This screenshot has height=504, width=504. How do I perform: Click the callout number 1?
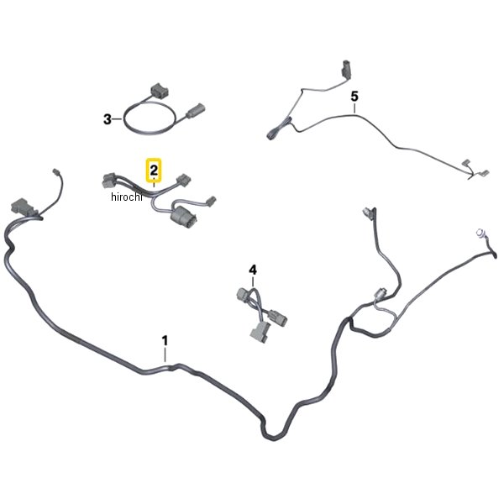(165, 341)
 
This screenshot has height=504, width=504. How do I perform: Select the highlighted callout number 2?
(154, 170)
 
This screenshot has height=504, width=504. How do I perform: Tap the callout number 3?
(108, 119)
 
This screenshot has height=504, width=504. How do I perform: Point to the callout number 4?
(253, 270)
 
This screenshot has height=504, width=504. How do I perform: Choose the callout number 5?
(354, 96)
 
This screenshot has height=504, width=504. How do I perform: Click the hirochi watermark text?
(126, 197)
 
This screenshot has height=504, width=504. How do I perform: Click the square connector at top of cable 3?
(160, 92)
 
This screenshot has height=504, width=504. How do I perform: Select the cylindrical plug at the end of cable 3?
(196, 110)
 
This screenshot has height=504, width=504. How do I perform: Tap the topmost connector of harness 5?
(346, 69)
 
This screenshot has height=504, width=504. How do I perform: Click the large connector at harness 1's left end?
(24, 207)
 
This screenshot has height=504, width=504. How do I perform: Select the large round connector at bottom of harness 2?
(183, 219)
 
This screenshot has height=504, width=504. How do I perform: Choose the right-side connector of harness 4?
(278, 316)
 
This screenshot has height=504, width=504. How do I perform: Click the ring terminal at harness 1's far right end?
(480, 233)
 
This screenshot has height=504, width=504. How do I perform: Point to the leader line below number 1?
(165, 355)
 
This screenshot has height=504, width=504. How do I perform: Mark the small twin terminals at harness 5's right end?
(475, 169)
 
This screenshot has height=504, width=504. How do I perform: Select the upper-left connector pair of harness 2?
(108, 180)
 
